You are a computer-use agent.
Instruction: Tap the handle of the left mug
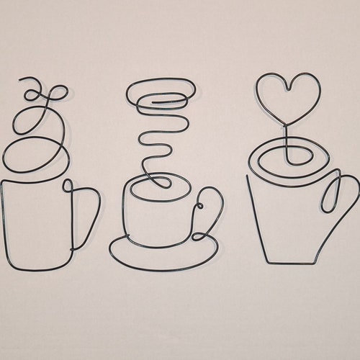86,216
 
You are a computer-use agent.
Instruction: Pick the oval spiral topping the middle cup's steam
160,94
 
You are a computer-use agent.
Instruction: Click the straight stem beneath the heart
287,140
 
